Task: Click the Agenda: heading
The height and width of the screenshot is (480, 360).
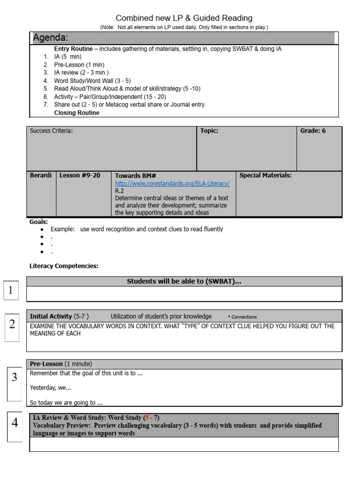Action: (51, 37)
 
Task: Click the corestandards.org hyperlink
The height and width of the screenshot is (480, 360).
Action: (172, 183)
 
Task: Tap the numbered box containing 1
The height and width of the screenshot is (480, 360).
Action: (10, 291)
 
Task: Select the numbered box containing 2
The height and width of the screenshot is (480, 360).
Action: (12, 324)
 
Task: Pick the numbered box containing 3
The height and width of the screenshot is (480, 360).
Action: (14, 377)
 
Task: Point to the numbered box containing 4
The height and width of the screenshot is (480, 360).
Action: (15, 423)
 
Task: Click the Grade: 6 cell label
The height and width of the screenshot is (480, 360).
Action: (313, 131)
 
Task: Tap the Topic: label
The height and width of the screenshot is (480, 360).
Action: (209, 131)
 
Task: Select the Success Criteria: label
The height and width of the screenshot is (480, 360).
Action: (51, 131)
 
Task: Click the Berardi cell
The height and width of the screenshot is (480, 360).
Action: (41, 175)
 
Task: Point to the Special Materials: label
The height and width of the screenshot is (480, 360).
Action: (265, 175)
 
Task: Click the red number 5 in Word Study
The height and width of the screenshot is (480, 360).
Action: (147, 418)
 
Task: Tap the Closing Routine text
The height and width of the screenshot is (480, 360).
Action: (76, 112)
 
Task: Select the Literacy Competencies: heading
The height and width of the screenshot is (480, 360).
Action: (64, 266)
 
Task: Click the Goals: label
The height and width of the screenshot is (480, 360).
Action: (38, 222)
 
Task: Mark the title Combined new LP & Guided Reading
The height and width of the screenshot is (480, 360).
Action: (184, 18)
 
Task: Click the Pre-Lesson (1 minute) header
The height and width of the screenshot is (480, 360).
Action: (61, 364)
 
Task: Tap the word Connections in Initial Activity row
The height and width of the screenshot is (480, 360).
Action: (244, 317)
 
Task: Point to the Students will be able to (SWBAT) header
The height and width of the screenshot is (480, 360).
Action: (184, 281)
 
